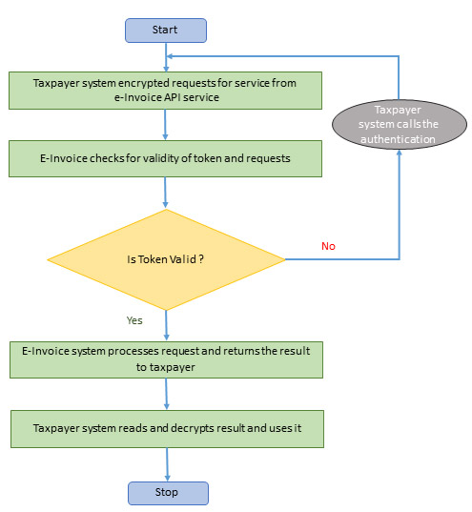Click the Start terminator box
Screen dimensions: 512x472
(x=165, y=31)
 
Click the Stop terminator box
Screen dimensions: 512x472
(x=167, y=492)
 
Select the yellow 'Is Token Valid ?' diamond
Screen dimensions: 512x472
(x=166, y=258)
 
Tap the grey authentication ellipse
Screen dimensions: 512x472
(x=399, y=125)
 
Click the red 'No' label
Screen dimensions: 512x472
(x=328, y=246)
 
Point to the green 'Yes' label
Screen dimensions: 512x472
(x=134, y=319)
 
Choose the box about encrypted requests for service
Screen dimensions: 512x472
(x=165, y=90)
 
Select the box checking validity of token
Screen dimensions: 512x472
(x=165, y=158)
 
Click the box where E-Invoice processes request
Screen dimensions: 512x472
(x=166, y=358)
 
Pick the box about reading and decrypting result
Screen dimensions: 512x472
(x=166, y=428)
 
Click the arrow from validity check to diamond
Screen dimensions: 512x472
(x=166, y=192)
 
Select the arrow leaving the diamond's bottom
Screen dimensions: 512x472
(x=166, y=324)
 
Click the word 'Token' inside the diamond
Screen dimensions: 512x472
(x=155, y=258)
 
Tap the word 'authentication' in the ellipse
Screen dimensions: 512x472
(x=399, y=140)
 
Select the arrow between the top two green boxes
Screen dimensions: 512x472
(x=166, y=124)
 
